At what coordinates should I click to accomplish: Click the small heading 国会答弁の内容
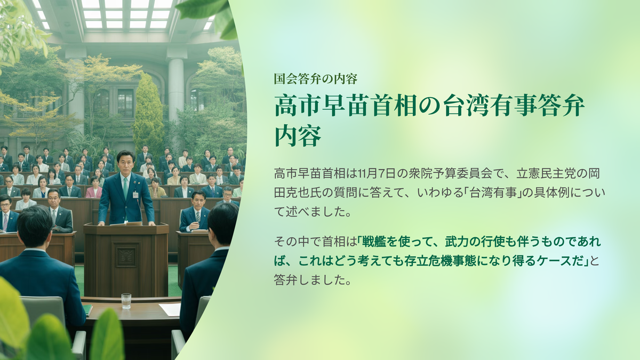(315, 79)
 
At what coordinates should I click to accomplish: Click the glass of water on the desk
(126, 301)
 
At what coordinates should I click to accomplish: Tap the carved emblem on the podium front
(126, 255)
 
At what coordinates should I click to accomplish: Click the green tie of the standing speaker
(126, 189)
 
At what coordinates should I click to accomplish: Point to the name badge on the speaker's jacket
(135, 195)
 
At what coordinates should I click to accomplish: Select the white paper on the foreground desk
(170, 309)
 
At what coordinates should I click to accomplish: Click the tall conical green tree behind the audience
(148, 114)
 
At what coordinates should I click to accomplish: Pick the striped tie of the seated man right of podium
(198, 217)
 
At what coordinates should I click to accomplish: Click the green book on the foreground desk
(88, 310)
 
